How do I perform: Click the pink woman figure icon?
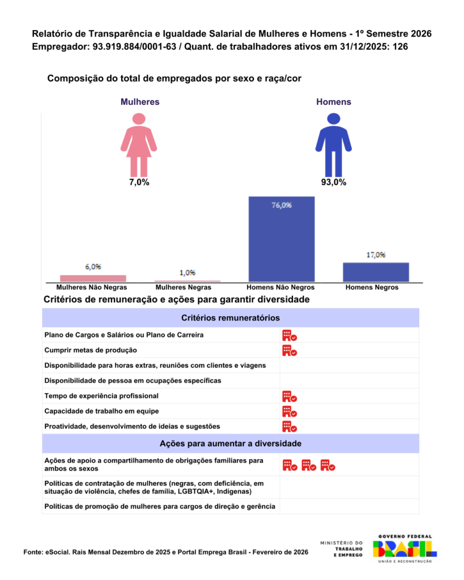tap(139, 145)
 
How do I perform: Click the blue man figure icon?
tap(333, 145)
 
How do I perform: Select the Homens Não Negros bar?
tap(281, 238)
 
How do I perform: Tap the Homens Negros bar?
tap(376, 272)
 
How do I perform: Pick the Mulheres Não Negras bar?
tap(93, 278)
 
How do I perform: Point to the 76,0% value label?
tap(282, 206)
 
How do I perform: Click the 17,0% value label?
tap(376, 255)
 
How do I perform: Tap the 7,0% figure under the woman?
tap(139, 182)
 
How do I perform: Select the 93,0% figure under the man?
tap(333, 182)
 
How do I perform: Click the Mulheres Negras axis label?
tap(187, 288)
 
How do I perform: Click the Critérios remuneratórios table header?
tap(230, 318)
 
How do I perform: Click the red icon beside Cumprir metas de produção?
tap(290, 351)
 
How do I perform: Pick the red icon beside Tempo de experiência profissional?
tap(290, 396)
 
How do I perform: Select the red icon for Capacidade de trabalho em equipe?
tap(290, 411)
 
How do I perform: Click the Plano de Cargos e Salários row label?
tap(124, 335)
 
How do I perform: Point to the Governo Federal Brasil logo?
tap(405, 548)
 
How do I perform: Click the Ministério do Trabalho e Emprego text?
tap(344, 548)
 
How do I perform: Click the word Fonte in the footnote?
tap(32, 552)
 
